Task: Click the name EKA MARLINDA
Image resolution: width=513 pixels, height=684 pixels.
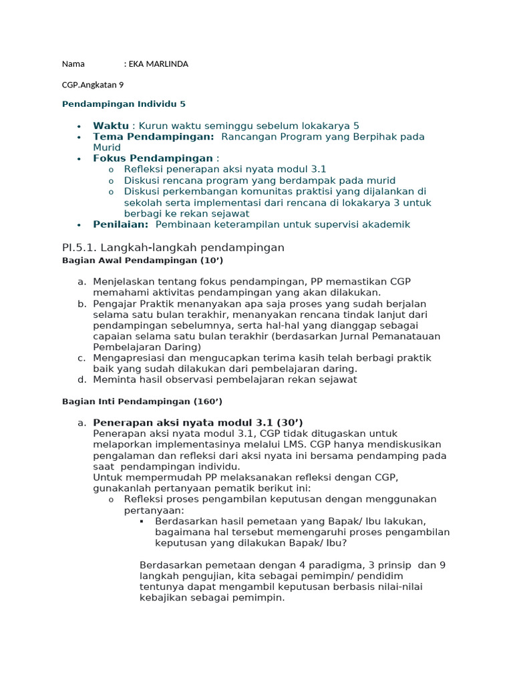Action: click(x=159, y=64)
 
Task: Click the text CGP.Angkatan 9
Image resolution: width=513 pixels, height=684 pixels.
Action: click(x=93, y=85)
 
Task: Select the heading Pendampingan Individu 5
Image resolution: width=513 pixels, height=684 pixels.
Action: click(x=124, y=104)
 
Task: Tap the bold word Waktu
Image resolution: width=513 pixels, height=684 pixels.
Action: click(x=111, y=126)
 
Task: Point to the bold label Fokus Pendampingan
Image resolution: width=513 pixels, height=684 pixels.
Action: click(x=153, y=158)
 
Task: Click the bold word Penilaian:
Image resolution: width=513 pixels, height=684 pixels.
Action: click(x=121, y=224)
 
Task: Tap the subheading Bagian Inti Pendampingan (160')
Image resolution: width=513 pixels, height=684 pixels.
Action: click(x=142, y=401)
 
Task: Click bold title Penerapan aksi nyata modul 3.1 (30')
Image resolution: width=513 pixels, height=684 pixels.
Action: click(x=198, y=422)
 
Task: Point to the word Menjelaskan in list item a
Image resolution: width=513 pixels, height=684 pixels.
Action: click(x=122, y=282)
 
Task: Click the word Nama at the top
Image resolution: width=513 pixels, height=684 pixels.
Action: click(x=73, y=64)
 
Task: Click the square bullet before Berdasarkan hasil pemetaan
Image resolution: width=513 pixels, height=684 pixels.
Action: click(x=142, y=520)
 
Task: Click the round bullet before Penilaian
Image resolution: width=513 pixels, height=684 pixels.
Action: click(x=79, y=225)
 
